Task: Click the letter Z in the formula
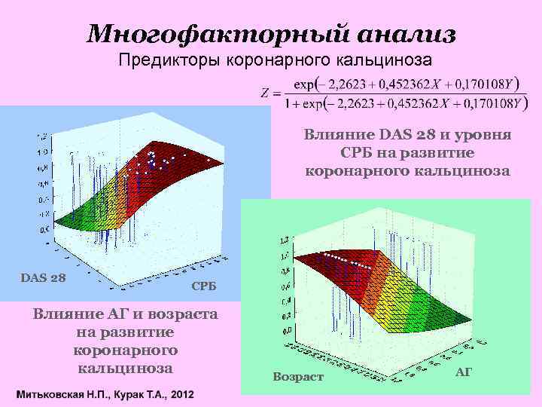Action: click(264, 93)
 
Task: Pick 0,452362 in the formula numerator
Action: click(399, 83)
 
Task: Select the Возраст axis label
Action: click(299, 376)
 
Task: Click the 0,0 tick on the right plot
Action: click(287, 330)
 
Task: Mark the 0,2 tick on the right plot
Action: click(287, 316)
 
